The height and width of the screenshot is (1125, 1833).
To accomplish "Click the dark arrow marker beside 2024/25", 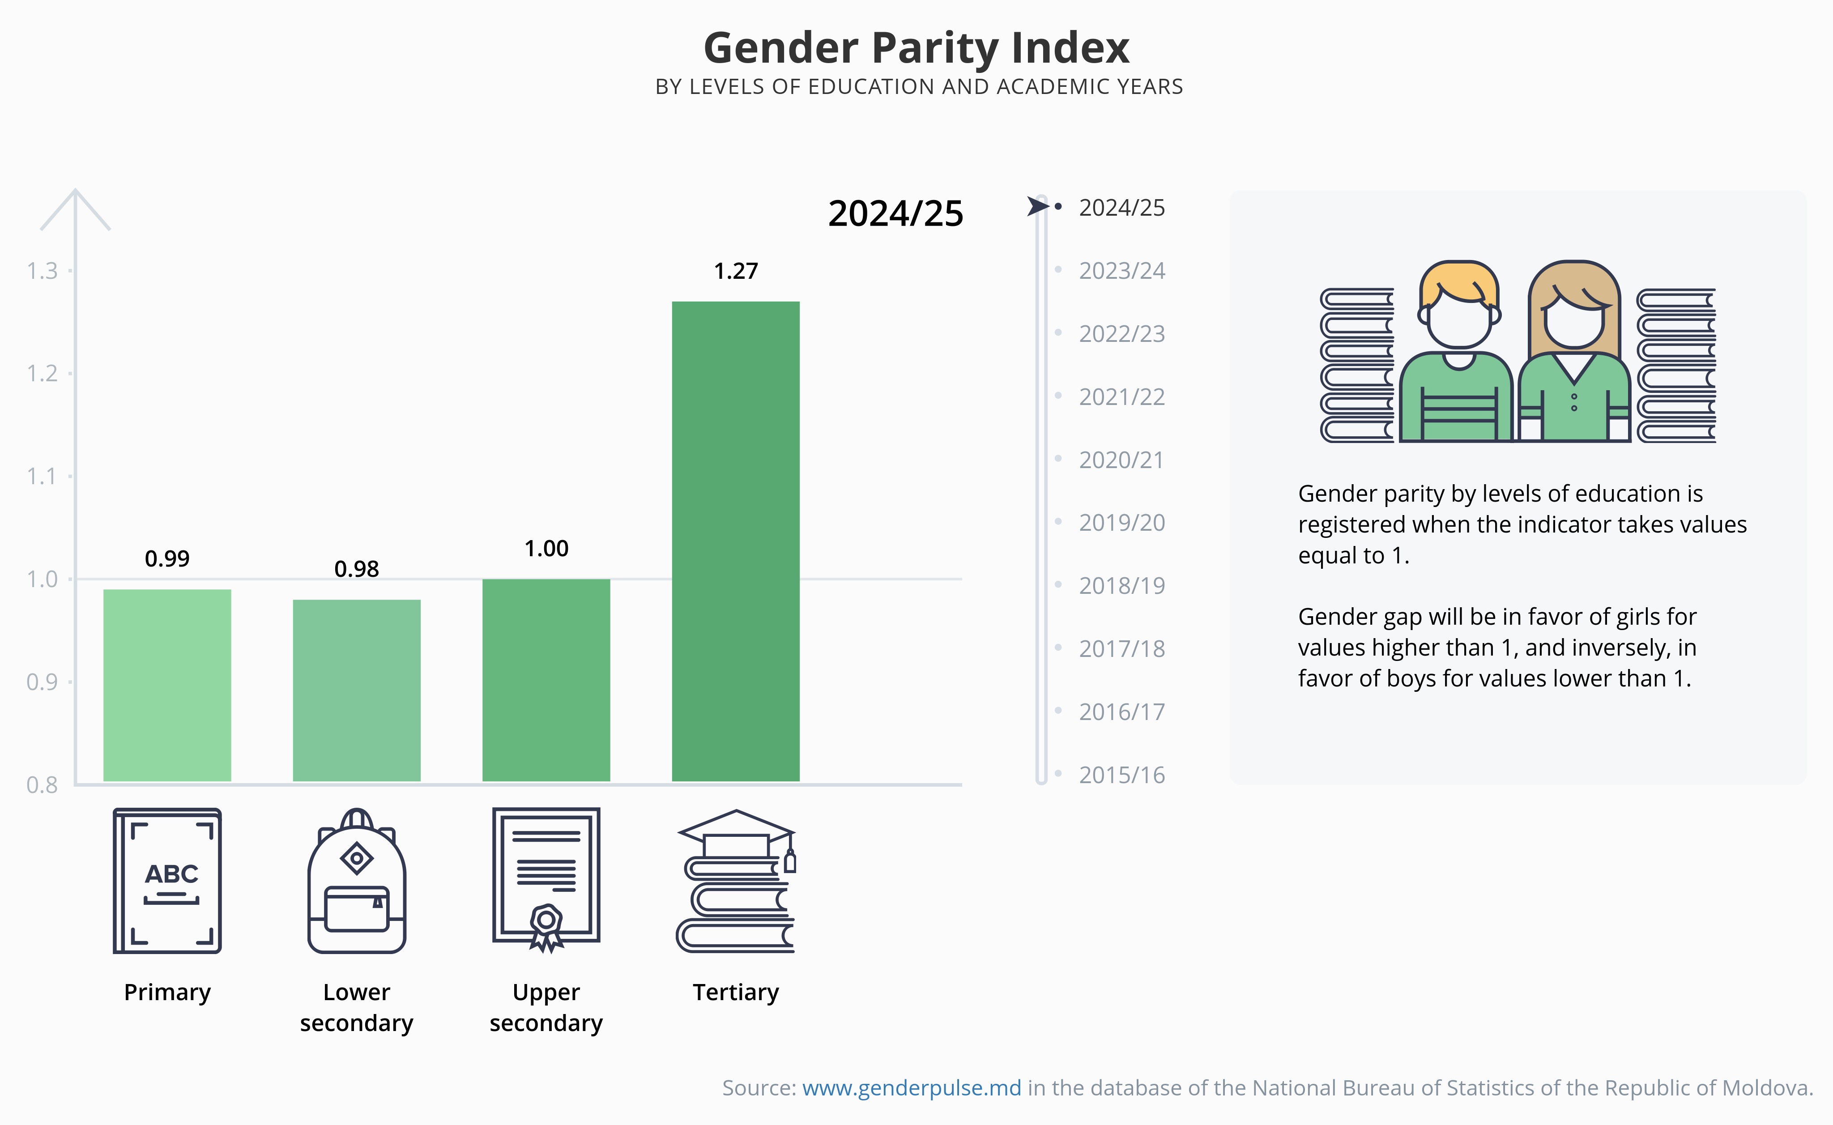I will (x=1037, y=206).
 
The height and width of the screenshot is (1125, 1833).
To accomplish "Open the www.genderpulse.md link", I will (x=911, y=1089).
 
